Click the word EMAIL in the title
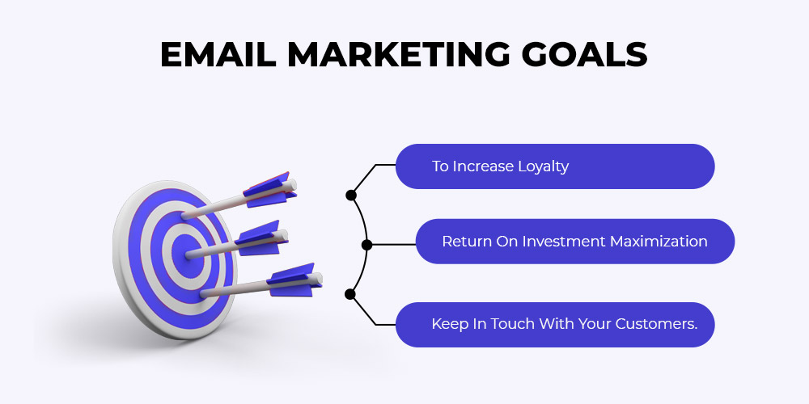(x=218, y=54)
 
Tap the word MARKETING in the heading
(x=399, y=54)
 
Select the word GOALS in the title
(x=584, y=54)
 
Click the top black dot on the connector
(x=351, y=195)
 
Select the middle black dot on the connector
(x=366, y=245)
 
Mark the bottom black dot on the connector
(x=349, y=294)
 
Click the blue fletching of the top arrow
(x=269, y=190)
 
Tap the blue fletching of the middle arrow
(x=261, y=238)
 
